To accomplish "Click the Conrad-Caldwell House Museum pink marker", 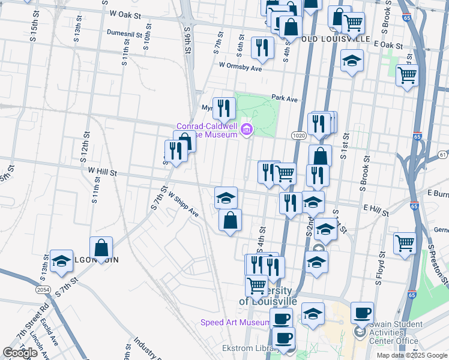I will click(246, 129).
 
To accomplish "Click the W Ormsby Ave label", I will click(241, 67).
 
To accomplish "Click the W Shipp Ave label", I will click(183, 204).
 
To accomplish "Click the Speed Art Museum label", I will click(235, 323).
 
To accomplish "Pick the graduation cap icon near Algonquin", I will click(61, 261).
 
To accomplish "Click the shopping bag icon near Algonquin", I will click(101, 247).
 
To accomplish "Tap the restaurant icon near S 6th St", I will click(262, 48).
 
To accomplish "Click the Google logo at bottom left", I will click(20, 353).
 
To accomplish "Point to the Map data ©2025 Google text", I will click(412, 355).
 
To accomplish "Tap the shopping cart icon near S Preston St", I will click(406, 243).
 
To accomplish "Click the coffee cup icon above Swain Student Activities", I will click(362, 313).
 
